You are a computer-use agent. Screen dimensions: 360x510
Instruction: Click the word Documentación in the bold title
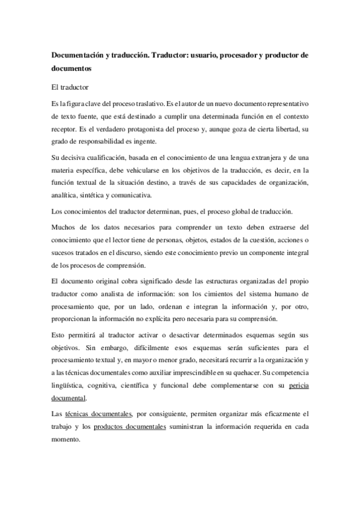tap(81, 55)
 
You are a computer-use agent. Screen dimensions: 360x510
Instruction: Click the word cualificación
tap(102, 159)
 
